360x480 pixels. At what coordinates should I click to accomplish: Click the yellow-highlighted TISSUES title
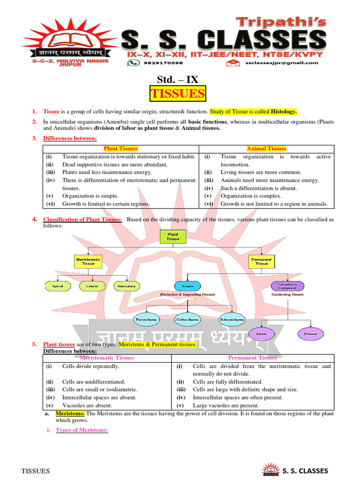(x=178, y=94)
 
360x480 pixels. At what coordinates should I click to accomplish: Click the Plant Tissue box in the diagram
(x=173, y=237)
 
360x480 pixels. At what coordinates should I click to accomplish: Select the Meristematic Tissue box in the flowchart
(x=88, y=261)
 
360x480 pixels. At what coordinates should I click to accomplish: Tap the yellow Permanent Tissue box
(x=261, y=261)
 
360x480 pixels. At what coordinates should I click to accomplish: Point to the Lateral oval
(x=92, y=285)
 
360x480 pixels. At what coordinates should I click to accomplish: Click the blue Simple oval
(x=187, y=285)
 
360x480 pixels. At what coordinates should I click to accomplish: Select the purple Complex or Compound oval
(x=287, y=285)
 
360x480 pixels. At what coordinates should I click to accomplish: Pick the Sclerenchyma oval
(x=232, y=319)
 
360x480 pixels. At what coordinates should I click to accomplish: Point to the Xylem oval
(x=261, y=334)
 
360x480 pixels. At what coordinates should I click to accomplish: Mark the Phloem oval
(x=310, y=334)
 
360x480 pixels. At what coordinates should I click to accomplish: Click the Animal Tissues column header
(x=266, y=149)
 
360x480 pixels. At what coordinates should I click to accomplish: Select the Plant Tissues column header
(x=121, y=149)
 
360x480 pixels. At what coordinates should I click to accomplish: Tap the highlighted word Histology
(x=284, y=112)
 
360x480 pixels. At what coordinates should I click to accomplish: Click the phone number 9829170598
(x=156, y=63)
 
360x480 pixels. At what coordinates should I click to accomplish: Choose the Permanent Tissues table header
(x=252, y=358)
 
